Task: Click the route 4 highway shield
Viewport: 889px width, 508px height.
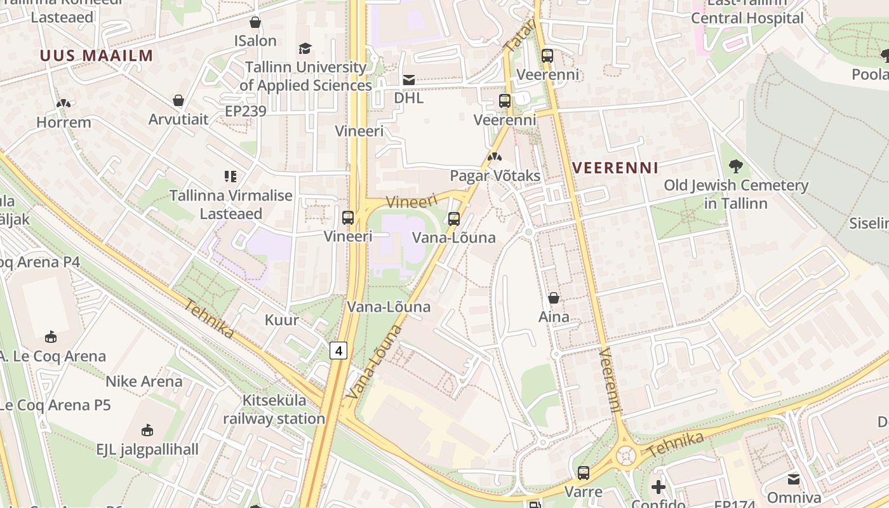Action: click(x=338, y=350)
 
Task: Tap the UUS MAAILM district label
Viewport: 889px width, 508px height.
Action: click(x=97, y=55)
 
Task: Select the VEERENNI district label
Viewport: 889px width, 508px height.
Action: click(x=615, y=168)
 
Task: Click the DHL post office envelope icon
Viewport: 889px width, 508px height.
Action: click(x=409, y=80)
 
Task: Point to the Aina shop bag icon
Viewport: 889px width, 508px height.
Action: click(x=554, y=298)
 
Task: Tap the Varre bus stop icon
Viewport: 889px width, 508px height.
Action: click(x=583, y=473)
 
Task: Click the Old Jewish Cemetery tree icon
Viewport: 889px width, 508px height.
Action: click(x=736, y=167)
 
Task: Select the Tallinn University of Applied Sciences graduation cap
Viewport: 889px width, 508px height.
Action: click(x=305, y=48)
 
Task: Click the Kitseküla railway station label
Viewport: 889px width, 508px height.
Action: click(x=274, y=410)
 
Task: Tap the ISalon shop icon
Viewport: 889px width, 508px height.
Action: click(x=255, y=22)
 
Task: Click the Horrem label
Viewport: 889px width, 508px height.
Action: click(x=63, y=122)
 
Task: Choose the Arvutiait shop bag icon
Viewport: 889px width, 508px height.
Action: click(x=178, y=100)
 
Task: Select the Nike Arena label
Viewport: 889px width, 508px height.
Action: click(x=144, y=382)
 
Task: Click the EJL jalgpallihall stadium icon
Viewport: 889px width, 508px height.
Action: click(x=147, y=431)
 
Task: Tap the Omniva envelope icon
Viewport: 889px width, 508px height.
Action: click(x=794, y=479)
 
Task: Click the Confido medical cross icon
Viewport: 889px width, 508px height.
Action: click(x=658, y=488)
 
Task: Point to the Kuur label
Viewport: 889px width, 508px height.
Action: click(x=281, y=319)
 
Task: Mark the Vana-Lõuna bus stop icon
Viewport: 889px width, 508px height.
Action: click(x=453, y=219)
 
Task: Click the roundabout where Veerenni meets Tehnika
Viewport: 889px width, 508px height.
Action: click(x=626, y=455)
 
